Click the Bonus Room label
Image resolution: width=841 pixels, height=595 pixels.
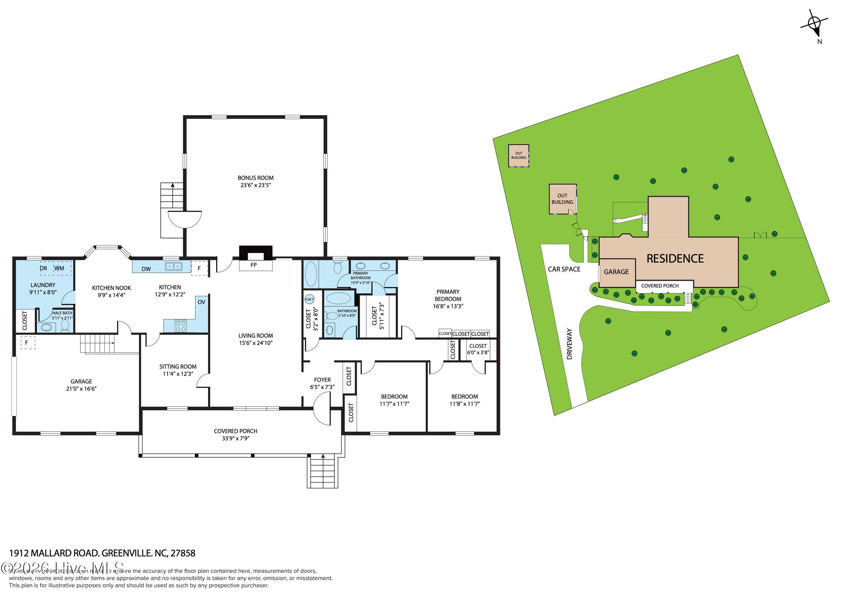click(255, 178)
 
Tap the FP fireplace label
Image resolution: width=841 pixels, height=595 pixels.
click(254, 265)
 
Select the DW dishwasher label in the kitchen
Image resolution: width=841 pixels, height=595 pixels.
click(146, 269)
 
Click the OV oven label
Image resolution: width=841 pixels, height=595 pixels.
click(201, 302)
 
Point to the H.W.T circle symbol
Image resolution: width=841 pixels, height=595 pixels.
click(309, 299)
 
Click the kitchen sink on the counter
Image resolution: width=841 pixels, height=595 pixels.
click(173, 266)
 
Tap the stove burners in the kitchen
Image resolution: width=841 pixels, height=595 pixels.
click(181, 326)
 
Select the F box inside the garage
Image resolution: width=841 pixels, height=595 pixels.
click(27, 343)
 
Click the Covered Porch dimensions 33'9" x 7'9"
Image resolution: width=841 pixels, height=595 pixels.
click(236, 438)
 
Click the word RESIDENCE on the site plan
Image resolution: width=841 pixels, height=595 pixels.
click(675, 259)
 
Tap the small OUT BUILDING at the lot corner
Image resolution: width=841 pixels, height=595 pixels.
click(518, 156)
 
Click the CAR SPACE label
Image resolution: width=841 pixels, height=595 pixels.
click(564, 269)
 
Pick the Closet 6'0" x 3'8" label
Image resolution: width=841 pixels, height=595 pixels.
click(478, 349)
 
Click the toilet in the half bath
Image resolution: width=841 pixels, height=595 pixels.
click(65, 325)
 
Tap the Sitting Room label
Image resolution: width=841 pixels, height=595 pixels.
click(178, 367)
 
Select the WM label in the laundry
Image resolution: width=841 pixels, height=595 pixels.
click(59, 268)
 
